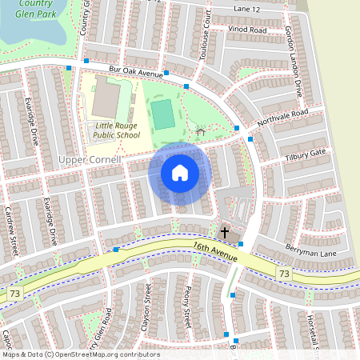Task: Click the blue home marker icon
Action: [x=180, y=173]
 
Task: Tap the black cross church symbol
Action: [x=225, y=233]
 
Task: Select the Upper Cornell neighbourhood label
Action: [x=90, y=160]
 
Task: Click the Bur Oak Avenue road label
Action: [x=136, y=71]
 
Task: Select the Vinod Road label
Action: [x=247, y=29]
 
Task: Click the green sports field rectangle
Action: [x=163, y=114]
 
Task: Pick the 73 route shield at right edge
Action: [x=284, y=274]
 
